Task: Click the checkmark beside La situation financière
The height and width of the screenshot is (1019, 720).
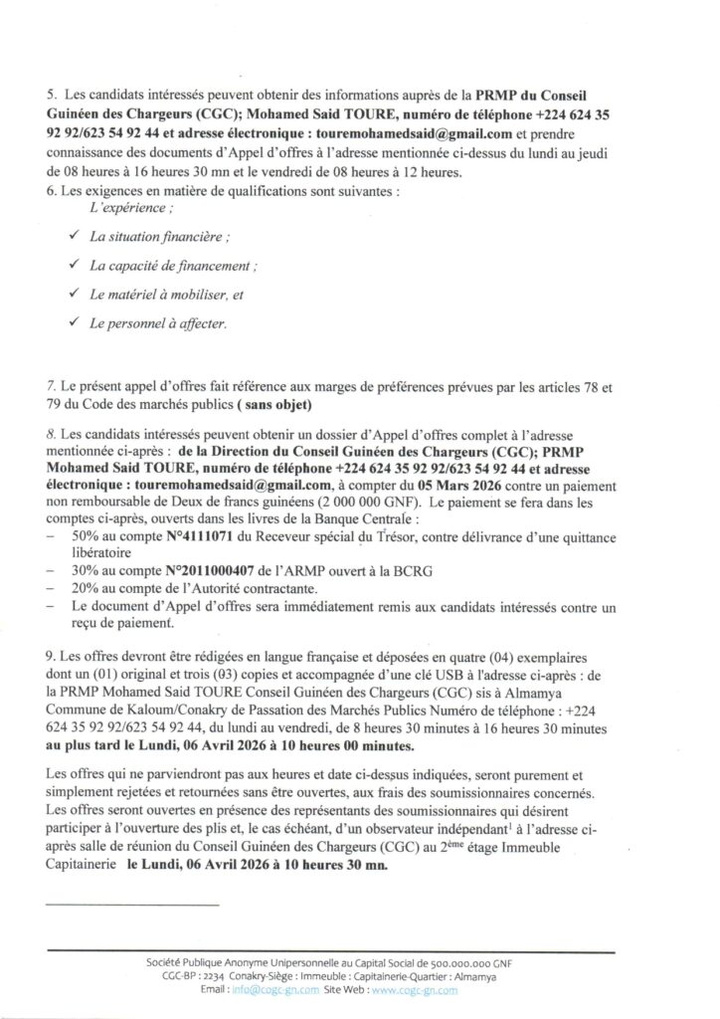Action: click(x=74, y=237)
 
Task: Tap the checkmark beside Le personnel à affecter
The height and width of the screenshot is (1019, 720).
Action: click(x=74, y=322)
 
